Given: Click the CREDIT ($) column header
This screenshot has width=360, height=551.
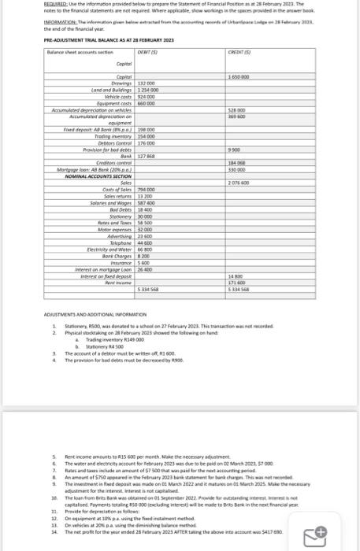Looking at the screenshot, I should point(237,50).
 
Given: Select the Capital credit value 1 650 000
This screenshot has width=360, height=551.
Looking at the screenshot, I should point(239,76).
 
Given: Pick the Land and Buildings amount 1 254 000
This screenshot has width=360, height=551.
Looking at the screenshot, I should point(148,87).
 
